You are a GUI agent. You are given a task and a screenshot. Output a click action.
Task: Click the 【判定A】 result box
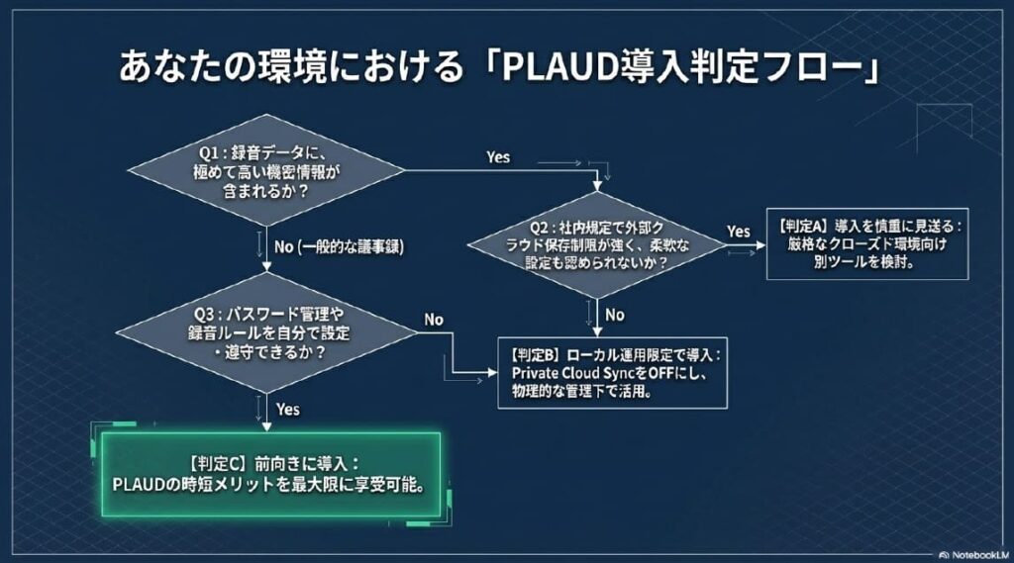(x=868, y=244)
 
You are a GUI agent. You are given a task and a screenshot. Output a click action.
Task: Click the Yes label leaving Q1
(x=499, y=156)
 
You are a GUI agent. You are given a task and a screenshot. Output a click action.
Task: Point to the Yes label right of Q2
(x=739, y=231)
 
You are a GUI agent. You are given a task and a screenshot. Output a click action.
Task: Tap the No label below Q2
(x=615, y=315)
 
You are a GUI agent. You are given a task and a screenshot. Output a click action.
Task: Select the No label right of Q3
(x=434, y=320)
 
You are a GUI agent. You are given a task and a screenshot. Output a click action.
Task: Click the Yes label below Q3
(x=289, y=408)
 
